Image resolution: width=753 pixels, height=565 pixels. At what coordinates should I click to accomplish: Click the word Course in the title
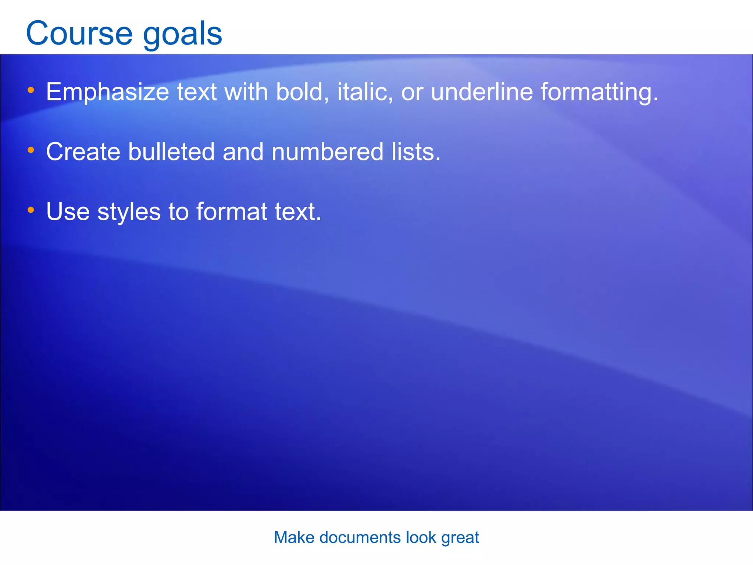click(x=79, y=33)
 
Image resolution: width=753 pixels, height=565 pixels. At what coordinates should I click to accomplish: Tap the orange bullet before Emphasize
click(x=31, y=90)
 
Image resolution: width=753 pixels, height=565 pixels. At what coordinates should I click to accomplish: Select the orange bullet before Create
click(x=31, y=150)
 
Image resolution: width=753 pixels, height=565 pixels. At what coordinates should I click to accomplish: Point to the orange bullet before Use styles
click(x=31, y=210)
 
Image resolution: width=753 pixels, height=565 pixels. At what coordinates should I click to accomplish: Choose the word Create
click(x=83, y=152)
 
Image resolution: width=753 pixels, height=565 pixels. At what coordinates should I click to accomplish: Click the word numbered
click(x=328, y=152)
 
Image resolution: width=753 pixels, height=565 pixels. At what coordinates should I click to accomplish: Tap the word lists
click(x=415, y=152)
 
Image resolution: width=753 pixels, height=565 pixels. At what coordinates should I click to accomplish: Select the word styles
click(x=129, y=212)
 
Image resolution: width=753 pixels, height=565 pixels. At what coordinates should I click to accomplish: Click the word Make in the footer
click(x=294, y=537)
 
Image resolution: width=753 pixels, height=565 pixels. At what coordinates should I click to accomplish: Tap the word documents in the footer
click(x=360, y=537)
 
